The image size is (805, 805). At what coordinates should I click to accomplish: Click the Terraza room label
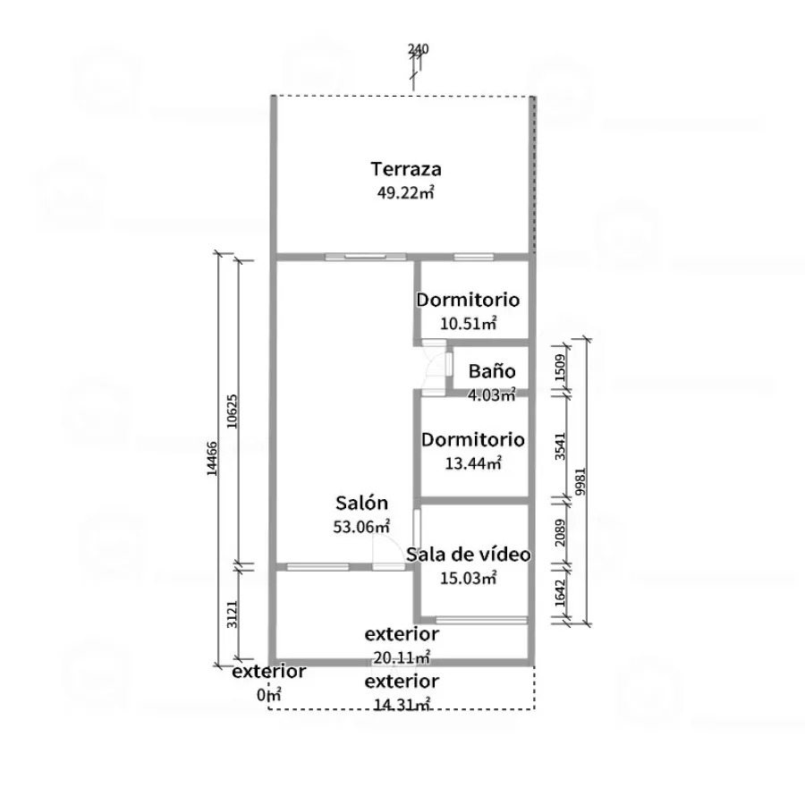tap(405, 169)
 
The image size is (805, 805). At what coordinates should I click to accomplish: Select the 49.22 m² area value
tap(405, 192)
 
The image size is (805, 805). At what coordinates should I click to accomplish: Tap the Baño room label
tap(492, 370)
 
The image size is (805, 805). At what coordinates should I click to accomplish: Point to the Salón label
tap(361, 503)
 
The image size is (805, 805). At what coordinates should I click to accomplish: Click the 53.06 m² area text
tap(361, 527)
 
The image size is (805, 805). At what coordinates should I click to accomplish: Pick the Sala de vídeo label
tap(468, 555)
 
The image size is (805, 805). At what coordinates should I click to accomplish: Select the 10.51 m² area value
tap(468, 324)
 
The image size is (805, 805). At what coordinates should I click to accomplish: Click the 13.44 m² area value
tap(473, 463)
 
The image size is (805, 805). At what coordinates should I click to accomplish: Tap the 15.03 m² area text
tap(468, 578)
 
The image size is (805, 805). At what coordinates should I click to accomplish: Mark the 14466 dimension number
tap(212, 459)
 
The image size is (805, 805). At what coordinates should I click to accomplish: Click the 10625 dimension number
tap(232, 411)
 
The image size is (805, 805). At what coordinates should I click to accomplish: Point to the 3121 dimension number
tap(232, 614)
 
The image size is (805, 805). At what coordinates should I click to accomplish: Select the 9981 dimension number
tap(580, 481)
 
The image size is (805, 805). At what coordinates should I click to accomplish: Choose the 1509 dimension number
tap(560, 368)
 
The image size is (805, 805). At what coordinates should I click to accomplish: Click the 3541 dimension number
tap(560, 446)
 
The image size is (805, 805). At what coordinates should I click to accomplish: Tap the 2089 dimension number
tap(560, 533)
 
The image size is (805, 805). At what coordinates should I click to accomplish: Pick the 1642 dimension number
tap(560, 593)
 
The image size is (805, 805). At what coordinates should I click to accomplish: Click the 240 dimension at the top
tap(419, 49)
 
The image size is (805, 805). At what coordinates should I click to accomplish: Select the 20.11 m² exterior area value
tap(402, 657)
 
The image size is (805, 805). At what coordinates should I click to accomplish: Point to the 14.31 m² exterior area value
tap(402, 705)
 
